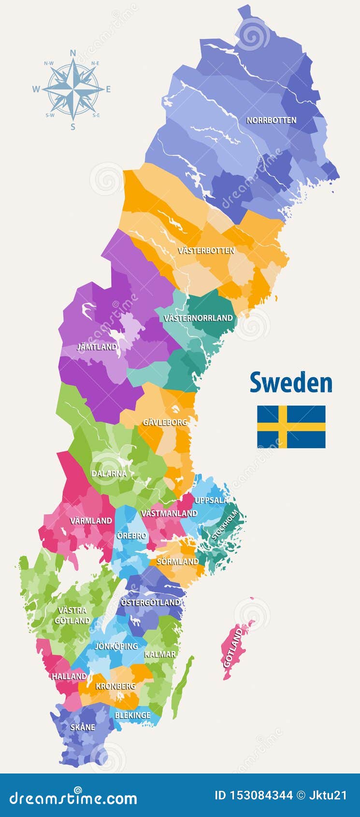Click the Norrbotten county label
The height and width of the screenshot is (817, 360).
271,120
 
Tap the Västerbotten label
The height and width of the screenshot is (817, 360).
206,250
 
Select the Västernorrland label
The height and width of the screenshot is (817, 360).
198,318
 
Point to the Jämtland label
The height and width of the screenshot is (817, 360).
97,347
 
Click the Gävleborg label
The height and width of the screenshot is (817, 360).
164,422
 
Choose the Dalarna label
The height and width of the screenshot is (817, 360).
109,473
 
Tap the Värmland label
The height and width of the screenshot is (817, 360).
91,521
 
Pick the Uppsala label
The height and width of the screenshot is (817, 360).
211,500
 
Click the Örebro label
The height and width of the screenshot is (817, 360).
131,536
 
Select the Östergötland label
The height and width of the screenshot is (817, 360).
150,602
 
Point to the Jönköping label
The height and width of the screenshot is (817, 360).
116,646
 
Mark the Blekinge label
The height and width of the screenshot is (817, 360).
132,715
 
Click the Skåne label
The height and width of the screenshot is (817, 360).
83,727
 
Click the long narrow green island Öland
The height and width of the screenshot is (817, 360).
183,686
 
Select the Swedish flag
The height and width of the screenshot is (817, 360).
291,426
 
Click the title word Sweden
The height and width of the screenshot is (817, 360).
291,383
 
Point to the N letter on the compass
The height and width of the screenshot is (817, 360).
73,53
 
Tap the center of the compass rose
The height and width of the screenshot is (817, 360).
73,89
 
